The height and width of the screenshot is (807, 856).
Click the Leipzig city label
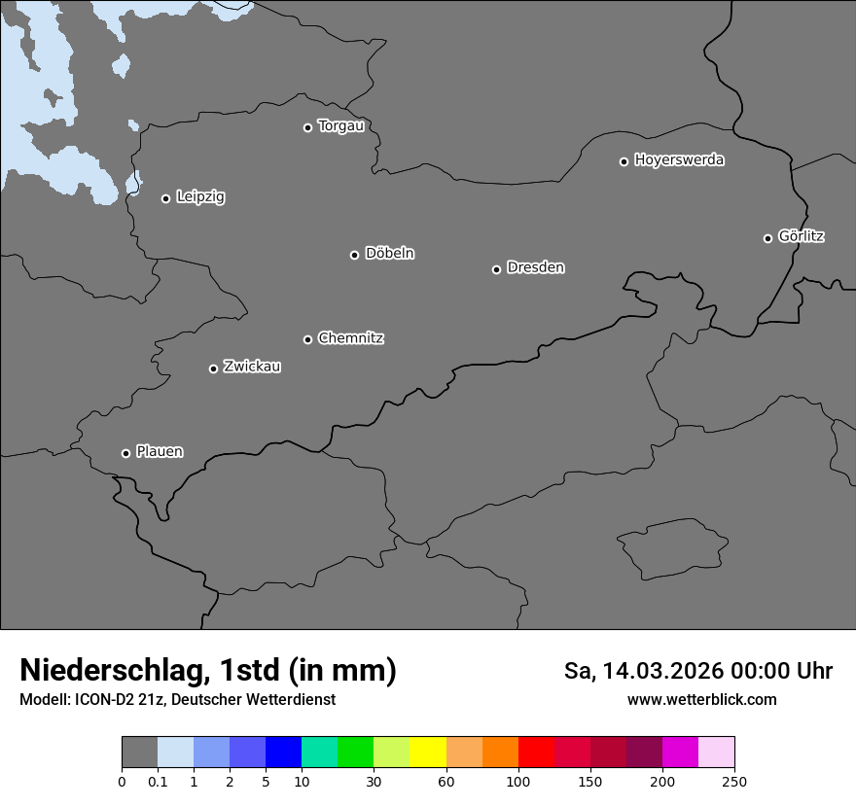pyautogui.click(x=200, y=197)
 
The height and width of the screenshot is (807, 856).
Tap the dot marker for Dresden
pyautogui.click(x=496, y=269)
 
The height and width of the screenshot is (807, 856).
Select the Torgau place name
pyautogui.click(x=340, y=126)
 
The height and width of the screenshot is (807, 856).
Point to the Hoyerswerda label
pyautogui.click(x=679, y=160)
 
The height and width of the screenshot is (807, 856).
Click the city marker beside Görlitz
pyautogui.click(x=767, y=238)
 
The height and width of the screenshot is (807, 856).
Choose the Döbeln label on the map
pyautogui.click(x=389, y=254)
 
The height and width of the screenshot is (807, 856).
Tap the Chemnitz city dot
pyautogui.click(x=307, y=339)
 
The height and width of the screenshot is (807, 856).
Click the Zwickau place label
pyautogui.click(x=252, y=367)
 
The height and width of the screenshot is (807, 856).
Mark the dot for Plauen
pyautogui.click(x=125, y=453)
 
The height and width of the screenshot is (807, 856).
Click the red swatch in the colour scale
pyautogui.click(x=536, y=753)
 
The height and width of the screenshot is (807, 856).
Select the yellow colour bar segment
pyautogui.click(x=428, y=753)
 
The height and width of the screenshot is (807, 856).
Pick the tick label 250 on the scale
pyautogui.click(x=734, y=782)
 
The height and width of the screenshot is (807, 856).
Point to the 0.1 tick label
pyautogui.click(x=158, y=782)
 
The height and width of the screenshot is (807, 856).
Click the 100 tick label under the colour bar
pyautogui.click(x=518, y=782)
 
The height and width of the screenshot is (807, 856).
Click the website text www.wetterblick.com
pyautogui.click(x=701, y=700)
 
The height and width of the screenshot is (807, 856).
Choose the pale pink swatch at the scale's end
pyautogui.click(x=716, y=753)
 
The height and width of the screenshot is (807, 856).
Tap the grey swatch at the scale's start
pyautogui.click(x=139, y=753)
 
